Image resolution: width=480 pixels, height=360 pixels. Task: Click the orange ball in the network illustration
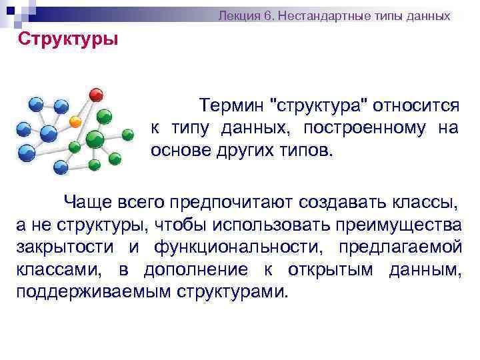point(75,122)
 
